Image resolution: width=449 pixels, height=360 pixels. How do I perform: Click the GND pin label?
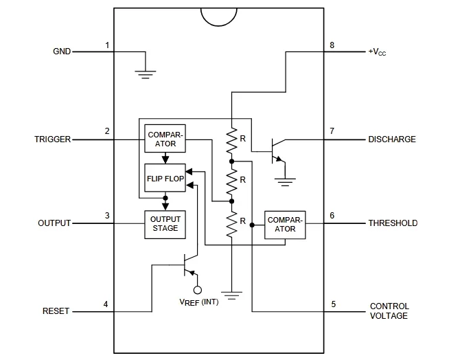click(x=62, y=52)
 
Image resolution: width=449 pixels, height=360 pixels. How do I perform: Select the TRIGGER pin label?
click(x=52, y=139)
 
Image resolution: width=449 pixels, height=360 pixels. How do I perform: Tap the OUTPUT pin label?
click(x=54, y=223)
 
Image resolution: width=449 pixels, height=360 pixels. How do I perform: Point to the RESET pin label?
click(x=56, y=311)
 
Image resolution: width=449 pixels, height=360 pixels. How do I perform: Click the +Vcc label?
click(x=381, y=52)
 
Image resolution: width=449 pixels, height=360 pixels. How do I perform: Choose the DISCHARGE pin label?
click(x=392, y=139)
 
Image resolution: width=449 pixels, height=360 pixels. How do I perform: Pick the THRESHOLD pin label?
click(x=393, y=223)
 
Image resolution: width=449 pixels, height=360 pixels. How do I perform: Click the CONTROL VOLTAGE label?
click(x=389, y=311)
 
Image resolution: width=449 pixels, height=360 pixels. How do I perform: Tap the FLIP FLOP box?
click(x=164, y=178)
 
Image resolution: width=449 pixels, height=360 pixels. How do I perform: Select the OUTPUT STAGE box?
click(x=164, y=224)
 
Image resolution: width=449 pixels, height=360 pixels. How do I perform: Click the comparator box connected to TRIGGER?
click(x=165, y=139)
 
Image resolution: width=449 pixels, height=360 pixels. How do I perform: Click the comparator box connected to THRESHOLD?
click(x=285, y=224)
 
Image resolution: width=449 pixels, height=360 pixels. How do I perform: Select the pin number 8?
click(x=332, y=45)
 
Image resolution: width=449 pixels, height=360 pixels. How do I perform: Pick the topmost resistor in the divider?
click(x=232, y=139)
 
